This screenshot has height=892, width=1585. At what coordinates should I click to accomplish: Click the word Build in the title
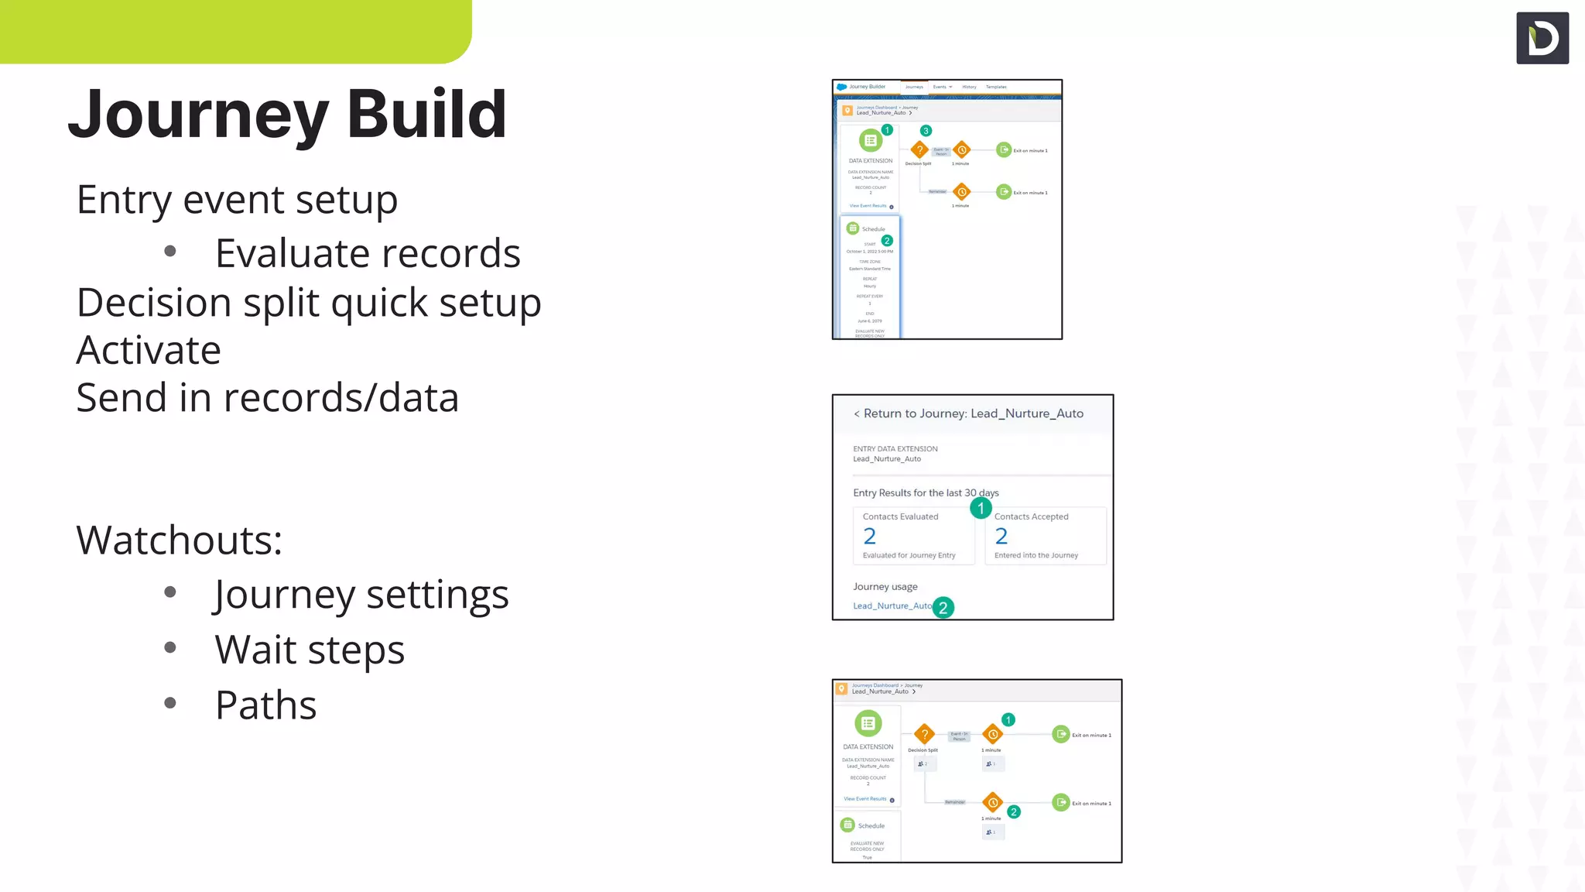tap(426, 114)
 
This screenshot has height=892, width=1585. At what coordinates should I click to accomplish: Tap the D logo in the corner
tap(1542, 38)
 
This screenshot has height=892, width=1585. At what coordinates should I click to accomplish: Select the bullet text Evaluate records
tap(368, 253)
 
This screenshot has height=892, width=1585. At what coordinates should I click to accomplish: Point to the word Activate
tap(149, 350)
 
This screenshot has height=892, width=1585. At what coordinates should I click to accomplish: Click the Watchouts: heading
tap(180, 540)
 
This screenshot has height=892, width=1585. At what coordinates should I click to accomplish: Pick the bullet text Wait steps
tap(310, 650)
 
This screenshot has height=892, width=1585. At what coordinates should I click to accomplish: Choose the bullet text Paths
tap(265, 705)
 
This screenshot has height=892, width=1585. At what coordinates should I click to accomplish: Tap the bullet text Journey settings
tap(361, 595)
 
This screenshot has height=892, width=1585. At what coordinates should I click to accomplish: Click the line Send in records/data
tap(268, 398)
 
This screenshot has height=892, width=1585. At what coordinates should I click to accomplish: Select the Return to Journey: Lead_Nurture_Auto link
tap(968, 413)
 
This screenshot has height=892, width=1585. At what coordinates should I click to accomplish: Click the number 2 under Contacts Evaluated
tap(870, 536)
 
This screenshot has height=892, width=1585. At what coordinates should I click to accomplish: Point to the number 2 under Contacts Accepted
tap(1001, 536)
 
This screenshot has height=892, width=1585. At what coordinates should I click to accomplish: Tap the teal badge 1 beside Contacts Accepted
tap(981, 508)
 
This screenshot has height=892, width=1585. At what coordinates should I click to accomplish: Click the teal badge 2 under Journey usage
tap(943, 608)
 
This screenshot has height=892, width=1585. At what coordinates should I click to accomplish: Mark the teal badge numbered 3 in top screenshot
tap(926, 131)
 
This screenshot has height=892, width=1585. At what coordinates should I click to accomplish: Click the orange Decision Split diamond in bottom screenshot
tap(924, 734)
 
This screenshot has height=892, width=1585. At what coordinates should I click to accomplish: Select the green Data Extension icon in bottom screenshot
tap(868, 723)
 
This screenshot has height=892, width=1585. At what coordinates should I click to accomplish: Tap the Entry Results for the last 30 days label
tap(926, 492)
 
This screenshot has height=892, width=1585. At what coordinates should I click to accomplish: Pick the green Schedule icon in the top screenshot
tap(853, 228)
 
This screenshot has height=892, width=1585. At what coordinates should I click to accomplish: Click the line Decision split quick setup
tap(309, 303)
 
